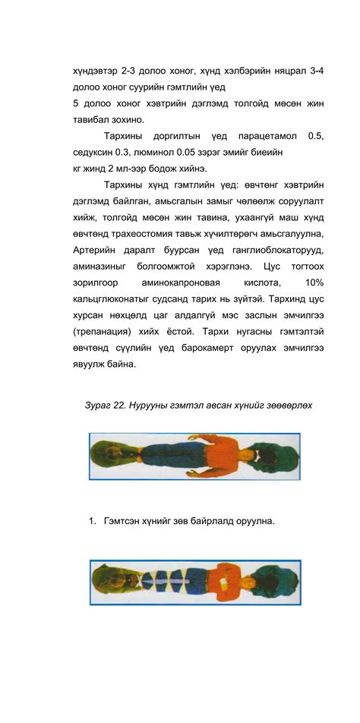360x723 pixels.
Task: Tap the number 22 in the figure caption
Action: click(125, 405)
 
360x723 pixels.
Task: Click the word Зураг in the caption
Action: click(99, 405)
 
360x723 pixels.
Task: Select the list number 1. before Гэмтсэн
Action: click(92, 521)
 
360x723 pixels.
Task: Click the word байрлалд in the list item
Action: click(207, 521)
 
